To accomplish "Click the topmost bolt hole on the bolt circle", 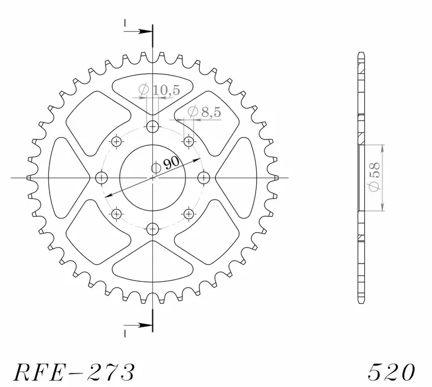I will click(x=153, y=126).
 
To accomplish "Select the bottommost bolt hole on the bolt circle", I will click(x=153, y=227).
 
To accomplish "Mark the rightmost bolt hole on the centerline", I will click(x=204, y=177).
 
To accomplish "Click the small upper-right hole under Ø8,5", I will click(x=189, y=141).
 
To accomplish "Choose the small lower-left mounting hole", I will click(x=116, y=213).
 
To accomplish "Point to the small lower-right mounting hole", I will click(x=189, y=213).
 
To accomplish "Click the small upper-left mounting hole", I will click(x=116, y=141).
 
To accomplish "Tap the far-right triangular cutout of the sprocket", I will click(x=239, y=177).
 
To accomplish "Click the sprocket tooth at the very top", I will click(x=153, y=54).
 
